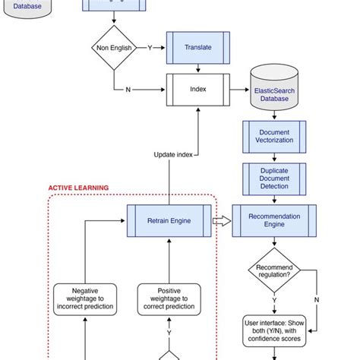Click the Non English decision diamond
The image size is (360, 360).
click(x=113, y=48)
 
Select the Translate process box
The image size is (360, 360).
click(x=197, y=47)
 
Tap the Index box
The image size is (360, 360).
click(x=197, y=88)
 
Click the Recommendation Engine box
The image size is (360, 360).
click(x=274, y=221)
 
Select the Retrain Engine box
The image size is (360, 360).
click(x=169, y=221)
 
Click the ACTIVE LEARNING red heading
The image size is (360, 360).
click(x=78, y=188)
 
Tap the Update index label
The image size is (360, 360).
click(x=173, y=154)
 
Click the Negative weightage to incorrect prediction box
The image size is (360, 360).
click(x=85, y=299)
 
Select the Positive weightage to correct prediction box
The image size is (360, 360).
click(x=169, y=299)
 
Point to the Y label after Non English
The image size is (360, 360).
click(x=150, y=47)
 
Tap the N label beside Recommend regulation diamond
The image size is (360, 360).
click(x=317, y=298)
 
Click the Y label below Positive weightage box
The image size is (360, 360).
click(x=169, y=333)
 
